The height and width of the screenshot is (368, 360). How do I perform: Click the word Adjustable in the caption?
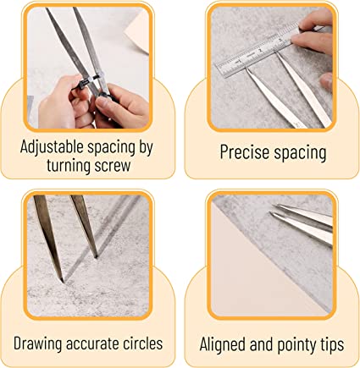click(x=52, y=147)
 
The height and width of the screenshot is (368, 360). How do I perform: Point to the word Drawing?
click(x=38, y=344)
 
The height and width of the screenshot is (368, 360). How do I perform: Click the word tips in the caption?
click(x=330, y=345)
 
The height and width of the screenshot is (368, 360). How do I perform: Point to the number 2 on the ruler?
click(x=260, y=50)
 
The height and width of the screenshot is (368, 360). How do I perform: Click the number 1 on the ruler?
click(x=240, y=61)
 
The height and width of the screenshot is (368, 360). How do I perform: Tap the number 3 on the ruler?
click(x=280, y=40)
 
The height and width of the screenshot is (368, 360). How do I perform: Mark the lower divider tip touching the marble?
click(x=62, y=281)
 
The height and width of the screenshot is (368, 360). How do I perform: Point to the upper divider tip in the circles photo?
click(x=96, y=256)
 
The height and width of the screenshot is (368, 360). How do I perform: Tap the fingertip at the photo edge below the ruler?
click(x=327, y=81)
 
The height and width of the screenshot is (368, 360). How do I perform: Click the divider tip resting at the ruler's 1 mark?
click(x=246, y=67)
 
